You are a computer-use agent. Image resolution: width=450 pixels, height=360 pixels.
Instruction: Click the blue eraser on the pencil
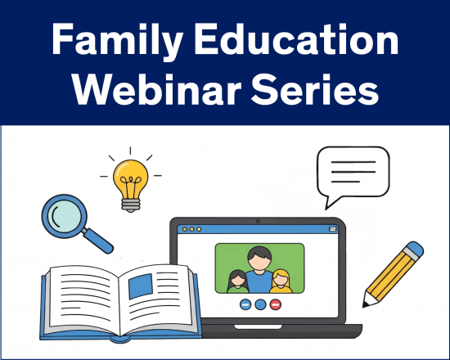[415, 250]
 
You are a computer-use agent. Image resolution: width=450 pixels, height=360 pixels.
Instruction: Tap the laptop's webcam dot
[258, 221]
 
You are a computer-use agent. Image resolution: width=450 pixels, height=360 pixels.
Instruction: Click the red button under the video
[276, 304]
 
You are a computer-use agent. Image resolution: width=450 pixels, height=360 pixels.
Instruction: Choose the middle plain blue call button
[260, 304]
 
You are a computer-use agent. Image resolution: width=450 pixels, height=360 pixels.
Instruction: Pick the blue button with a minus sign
[245, 304]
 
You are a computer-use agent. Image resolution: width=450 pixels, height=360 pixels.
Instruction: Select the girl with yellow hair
[281, 280]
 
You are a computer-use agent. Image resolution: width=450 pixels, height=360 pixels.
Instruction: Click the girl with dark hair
[238, 281]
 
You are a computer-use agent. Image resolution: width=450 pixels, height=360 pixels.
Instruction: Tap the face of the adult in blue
[259, 260]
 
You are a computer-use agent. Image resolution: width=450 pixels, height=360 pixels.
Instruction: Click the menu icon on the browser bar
[332, 229]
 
